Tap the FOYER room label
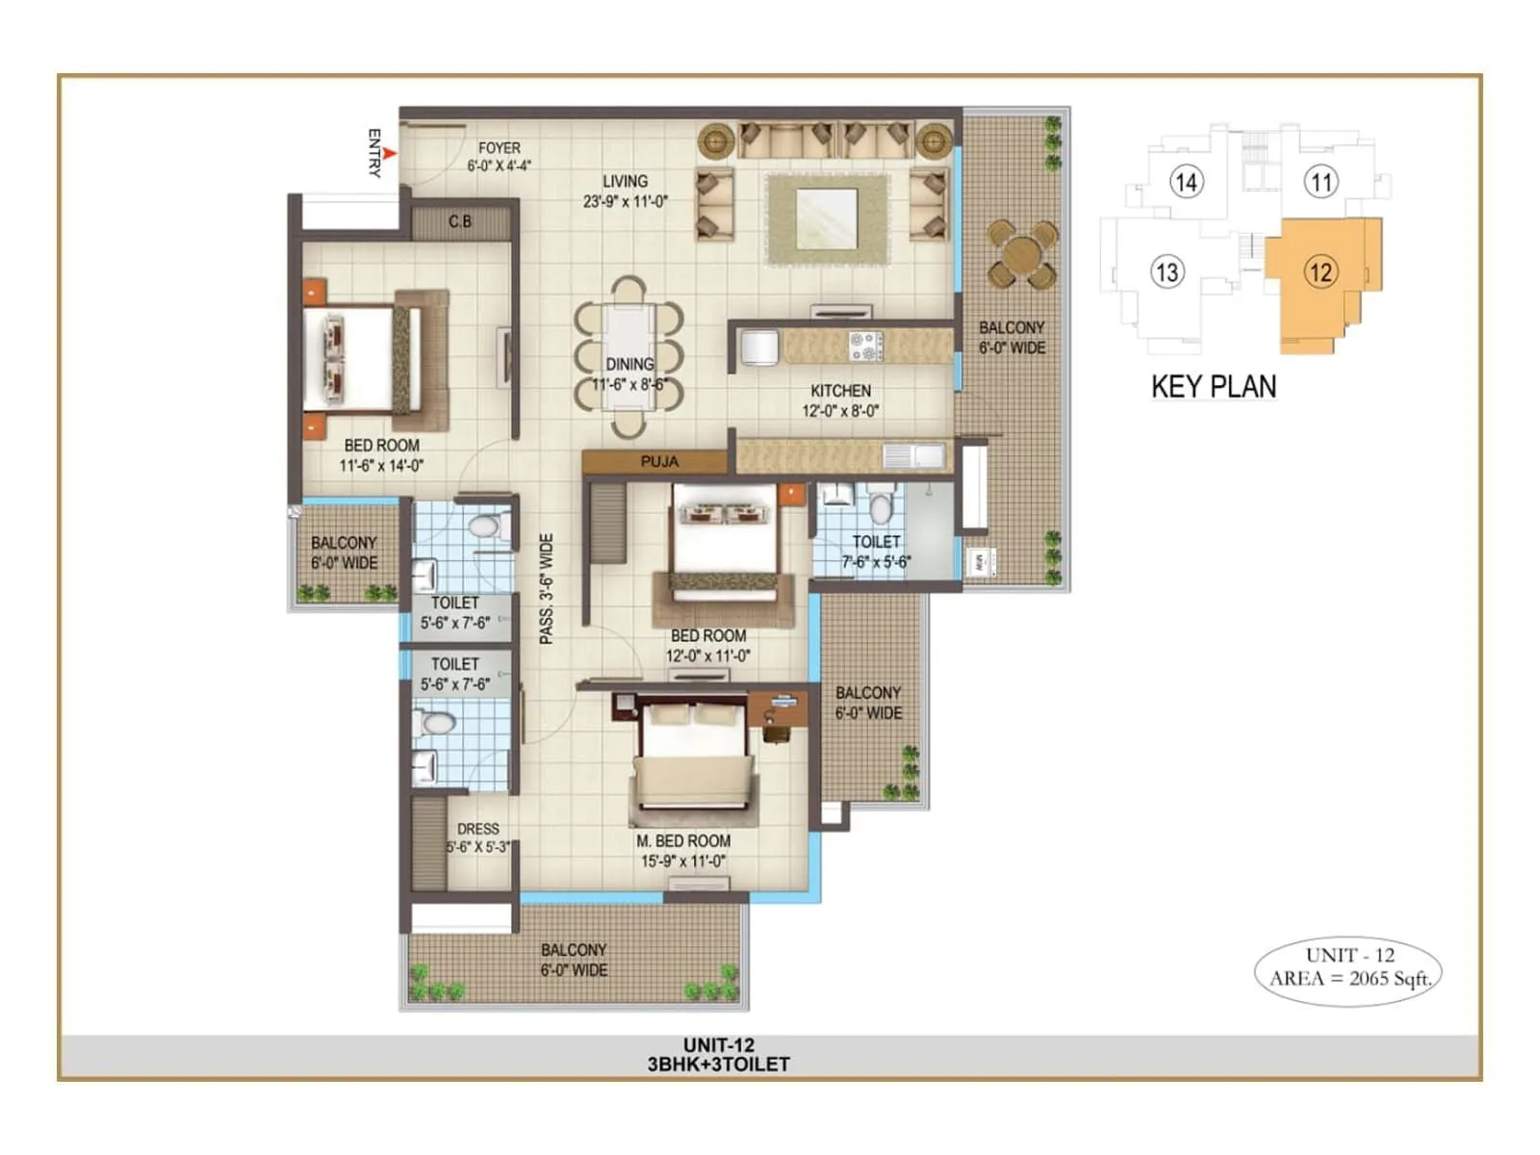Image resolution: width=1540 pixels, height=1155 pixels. click(499, 156)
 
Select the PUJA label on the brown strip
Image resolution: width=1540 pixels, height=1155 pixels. click(659, 462)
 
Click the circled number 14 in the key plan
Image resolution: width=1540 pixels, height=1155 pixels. click(1186, 182)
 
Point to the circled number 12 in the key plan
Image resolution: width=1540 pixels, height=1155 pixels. click(1321, 272)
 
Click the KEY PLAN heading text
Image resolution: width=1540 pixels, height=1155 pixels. click(1214, 387)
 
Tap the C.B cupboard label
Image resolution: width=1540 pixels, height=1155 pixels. click(460, 222)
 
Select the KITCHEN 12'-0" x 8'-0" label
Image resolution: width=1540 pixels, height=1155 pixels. click(840, 400)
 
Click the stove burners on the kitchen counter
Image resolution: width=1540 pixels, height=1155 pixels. click(864, 346)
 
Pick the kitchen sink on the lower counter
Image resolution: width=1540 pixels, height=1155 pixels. click(914, 455)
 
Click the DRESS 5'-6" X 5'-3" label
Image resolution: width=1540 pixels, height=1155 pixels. click(478, 837)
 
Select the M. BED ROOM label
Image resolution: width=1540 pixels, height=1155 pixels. click(683, 851)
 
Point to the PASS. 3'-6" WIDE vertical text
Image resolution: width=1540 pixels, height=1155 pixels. click(546, 588)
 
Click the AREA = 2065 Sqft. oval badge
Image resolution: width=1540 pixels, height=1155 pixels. click(1349, 968)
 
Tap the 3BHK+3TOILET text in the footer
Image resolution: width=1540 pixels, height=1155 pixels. click(718, 1065)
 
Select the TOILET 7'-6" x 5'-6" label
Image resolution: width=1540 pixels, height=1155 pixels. click(876, 552)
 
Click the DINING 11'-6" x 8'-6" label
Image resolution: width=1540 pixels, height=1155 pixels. click(629, 374)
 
